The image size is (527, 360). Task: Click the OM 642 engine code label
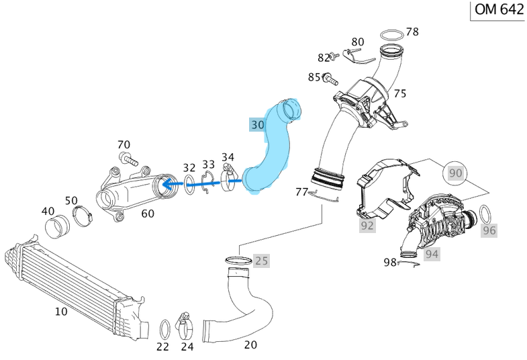tap(498, 10)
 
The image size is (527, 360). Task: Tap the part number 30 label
tap(258, 124)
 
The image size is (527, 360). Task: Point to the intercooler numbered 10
tap(74, 283)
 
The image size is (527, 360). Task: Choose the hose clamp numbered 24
tap(186, 326)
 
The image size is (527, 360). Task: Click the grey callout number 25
tap(260, 260)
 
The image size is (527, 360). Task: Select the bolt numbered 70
tap(128, 159)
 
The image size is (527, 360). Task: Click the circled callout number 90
tap(456, 173)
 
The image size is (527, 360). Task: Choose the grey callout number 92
tap(367, 225)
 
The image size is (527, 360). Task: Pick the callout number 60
tap(147, 214)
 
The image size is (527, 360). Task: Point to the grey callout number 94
tap(432, 253)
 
